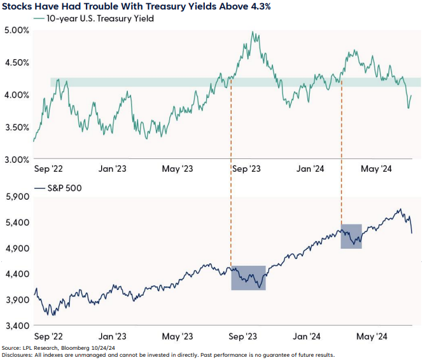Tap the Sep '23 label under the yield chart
click(246, 169)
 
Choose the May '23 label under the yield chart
click(179, 169)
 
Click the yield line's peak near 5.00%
click(253, 32)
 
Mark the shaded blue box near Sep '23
click(248, 278)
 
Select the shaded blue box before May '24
click(351, 236)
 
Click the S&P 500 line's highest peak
click(400, 210)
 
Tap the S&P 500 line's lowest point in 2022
click(53, 314)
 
